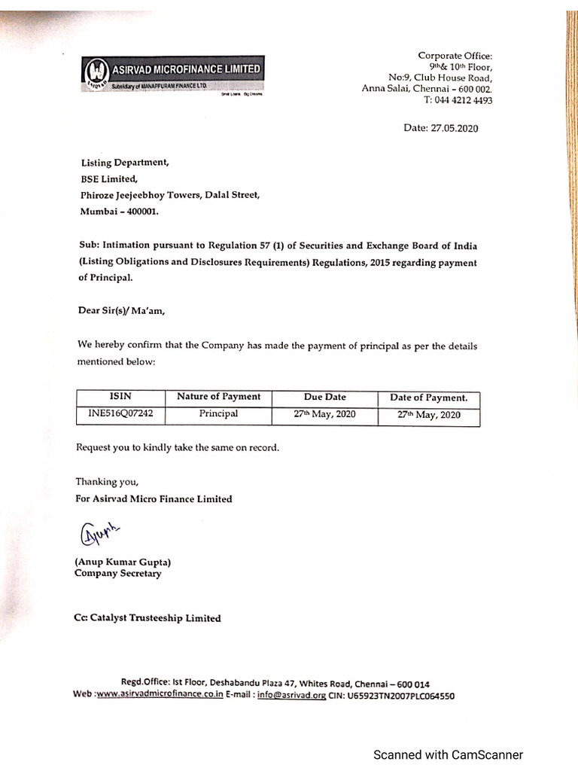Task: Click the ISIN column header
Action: pyautogui.click(x=120, y=397)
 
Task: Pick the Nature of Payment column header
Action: pyautogui.click(x=218, y=397)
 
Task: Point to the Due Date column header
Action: pyautogui.click(x=324, y=397)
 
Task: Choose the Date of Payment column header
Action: pyautogui.click(x=428, y=398)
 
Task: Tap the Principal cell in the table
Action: pyautogui.click(x=218, y=414)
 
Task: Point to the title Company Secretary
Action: pyautogui.click(x=117, y=574)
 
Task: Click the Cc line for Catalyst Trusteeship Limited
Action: pyautogui.click(x=148, y=618)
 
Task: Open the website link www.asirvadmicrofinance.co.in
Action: pyautogui.click(x=159, y=696)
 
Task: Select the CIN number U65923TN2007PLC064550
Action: pyautogui.click(x=400, y=696)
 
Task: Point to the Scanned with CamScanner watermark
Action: pyautogui.click(x=448, y=754)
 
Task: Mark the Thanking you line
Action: pyautogui.click(x=107, y=482)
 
